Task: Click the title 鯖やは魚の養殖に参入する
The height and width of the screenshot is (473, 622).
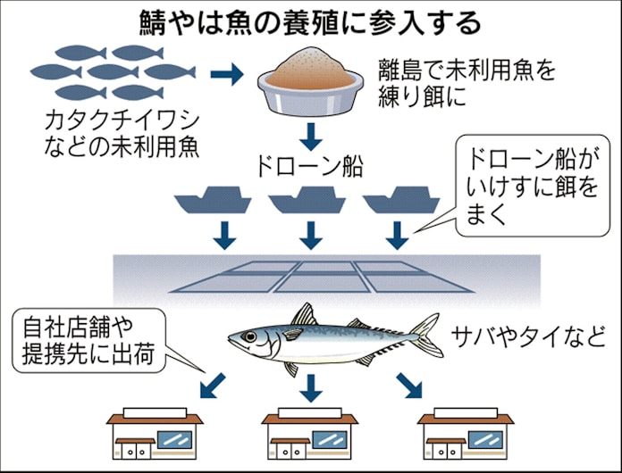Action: tap(311, 20)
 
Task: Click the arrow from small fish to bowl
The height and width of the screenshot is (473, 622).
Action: tap(231, 75)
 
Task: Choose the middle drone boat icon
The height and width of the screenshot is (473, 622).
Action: tap(307, 203)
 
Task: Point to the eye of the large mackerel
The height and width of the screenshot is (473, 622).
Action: tap(248, 336)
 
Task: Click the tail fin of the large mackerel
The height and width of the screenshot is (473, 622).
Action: tap(426, 333)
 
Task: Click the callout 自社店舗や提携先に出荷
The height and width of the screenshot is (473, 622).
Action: tap(88, 340)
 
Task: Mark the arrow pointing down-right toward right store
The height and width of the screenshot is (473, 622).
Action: tap(407, 386)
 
